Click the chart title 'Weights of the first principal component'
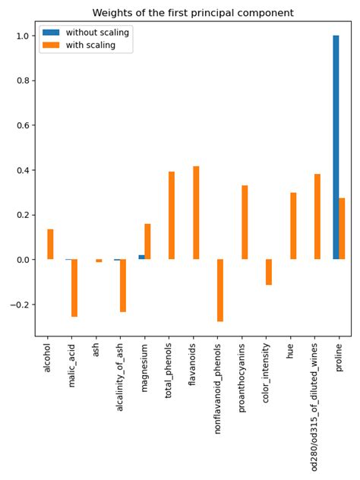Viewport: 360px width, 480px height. coord(193,13)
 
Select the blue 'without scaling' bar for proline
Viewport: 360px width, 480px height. coord(336,147)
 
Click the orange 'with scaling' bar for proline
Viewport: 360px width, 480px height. coord(342,229)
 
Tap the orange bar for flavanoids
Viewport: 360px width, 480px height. coord(196,213)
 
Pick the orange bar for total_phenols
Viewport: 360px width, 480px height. coord(172,216)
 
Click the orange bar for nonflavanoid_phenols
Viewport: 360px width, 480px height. coord(220,290)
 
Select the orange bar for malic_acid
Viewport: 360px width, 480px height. coord(74,288)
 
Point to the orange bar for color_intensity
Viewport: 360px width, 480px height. coord(269,272)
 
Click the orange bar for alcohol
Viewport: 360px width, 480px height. coord(50,245)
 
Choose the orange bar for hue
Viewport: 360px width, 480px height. coord(293,226)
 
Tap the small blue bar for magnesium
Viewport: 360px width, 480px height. coord(141,257)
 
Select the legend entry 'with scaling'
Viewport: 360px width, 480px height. coord(90,46)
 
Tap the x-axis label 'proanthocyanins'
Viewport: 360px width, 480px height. coord(242,381)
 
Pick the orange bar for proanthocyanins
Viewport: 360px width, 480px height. coord(245,223)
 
